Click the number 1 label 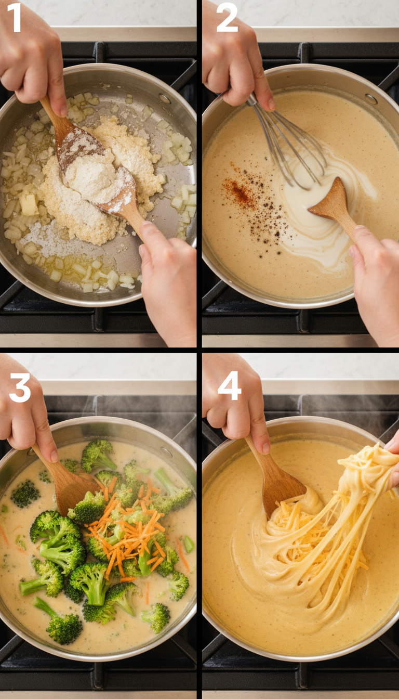click(x=15, y=18)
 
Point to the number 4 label click(x=229, y=386)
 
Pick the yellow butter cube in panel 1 click(x=28, y=204)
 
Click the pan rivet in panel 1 click(x=165, y=98)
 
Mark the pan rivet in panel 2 click(x=371, y=99)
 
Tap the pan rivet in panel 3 click(x=166, y=452)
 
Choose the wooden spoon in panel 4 click(x=278, y=484)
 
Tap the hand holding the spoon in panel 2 click(x=374, y=281)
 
